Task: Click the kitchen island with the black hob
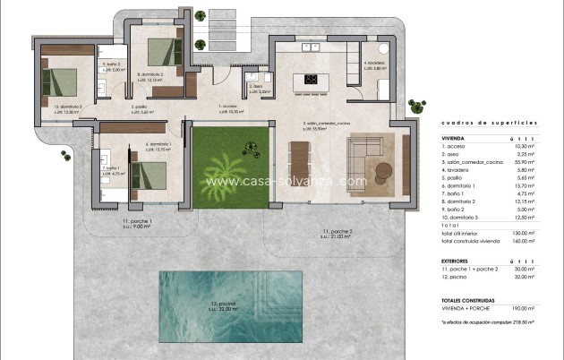coord(315,79)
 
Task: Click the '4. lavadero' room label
coord(374,63)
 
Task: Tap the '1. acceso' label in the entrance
coord(230,107)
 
